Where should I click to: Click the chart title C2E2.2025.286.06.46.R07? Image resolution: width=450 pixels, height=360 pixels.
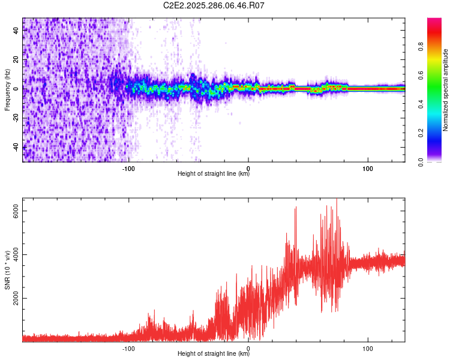[214, 5]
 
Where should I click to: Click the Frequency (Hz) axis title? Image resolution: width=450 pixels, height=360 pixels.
[7, 89]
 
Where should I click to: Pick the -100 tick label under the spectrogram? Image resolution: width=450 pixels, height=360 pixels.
[128, 168]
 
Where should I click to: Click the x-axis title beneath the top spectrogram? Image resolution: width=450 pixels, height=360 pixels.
[214, 175]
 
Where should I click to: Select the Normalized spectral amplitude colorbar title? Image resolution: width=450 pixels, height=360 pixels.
[446, 89]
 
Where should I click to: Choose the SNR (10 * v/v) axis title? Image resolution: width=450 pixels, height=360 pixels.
[7, 270]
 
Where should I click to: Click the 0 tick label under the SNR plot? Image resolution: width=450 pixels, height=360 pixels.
[248, 347]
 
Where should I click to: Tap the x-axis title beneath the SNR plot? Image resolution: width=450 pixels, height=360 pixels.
[214, 354]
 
